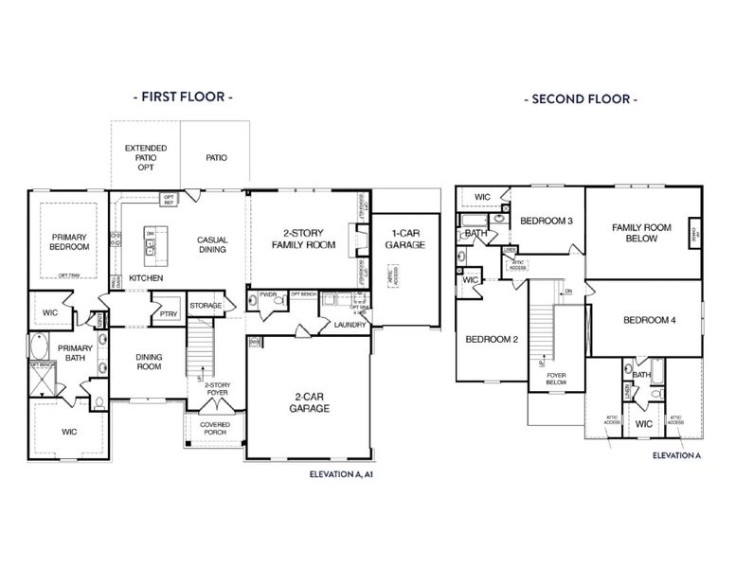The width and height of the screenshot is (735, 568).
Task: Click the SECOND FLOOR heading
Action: [580, 98]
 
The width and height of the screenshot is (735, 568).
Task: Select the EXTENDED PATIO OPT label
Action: [146, 157]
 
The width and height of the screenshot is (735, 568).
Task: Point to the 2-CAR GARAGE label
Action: [310, 402]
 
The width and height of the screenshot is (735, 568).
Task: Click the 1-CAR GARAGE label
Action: [404, 239]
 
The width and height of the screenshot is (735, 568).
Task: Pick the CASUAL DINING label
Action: [212, 245]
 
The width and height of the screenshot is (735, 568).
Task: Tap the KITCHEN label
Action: [146, 278]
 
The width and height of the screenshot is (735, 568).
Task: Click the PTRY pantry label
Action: [170, 314]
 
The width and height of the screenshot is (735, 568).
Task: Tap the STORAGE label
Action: [206, 306]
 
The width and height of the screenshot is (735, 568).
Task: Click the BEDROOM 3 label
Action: [547, 221]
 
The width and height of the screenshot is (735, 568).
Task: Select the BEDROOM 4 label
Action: [649, 320]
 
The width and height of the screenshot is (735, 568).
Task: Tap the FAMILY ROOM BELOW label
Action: [641, 233]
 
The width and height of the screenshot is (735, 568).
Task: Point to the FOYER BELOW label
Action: [557, 381]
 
